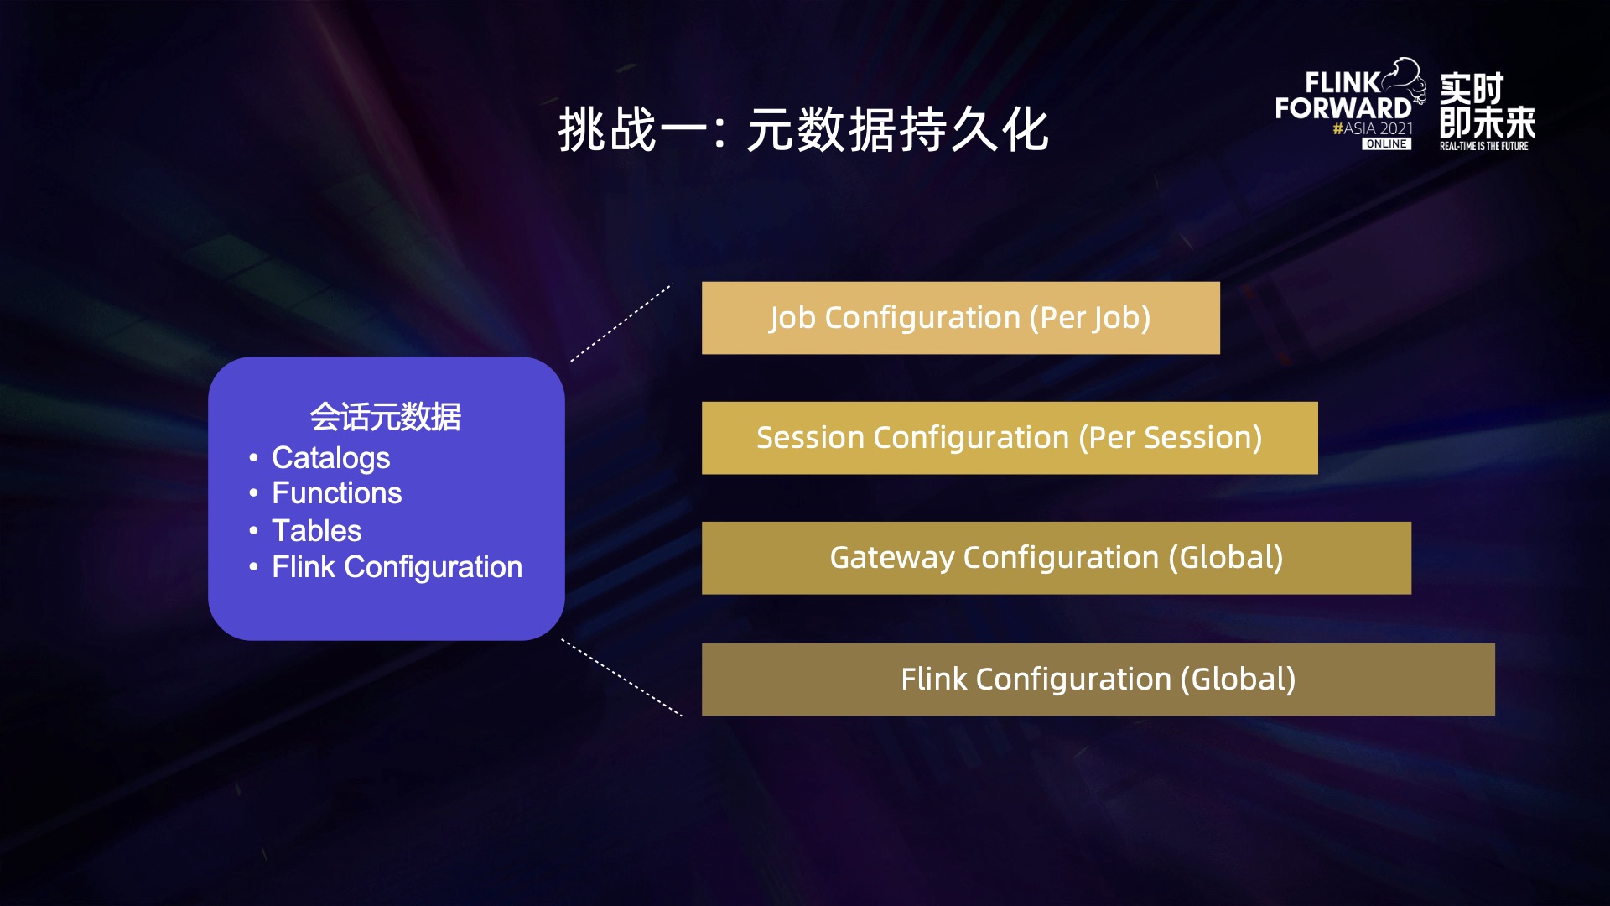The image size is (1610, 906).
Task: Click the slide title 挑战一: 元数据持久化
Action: [x=803, y=130]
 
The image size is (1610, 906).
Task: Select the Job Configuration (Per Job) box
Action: [x=960, y=318]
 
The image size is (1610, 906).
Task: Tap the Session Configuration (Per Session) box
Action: [x=1010, y=438]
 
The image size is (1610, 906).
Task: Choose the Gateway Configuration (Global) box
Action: [x=1057, y=558]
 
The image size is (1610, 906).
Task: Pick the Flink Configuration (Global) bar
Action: [x=1098, y=679]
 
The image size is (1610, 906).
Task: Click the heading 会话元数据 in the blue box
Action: [x=386, y=416]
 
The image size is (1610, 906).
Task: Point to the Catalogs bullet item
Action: [x=331, y=458]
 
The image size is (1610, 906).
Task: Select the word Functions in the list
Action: [x=337, y=493]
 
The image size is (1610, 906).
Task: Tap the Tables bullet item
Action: [x=317, y=530]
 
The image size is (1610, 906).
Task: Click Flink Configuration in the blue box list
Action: [x=397, y=567]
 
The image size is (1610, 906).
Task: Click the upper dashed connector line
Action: [x=621, y=323]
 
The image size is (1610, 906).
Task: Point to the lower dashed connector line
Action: [x=621, y=678]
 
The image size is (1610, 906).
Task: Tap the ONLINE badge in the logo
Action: [x=1386, y=144]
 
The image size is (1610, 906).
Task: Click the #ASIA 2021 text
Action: [x=1373, y=128]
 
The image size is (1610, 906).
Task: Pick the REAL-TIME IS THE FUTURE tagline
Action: [x=1484, y=146]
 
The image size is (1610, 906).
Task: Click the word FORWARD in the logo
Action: [x=1343, y=108]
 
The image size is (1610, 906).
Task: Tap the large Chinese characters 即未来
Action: [x=1488, y=122]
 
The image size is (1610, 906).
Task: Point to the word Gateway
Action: [x=891, y=558]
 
